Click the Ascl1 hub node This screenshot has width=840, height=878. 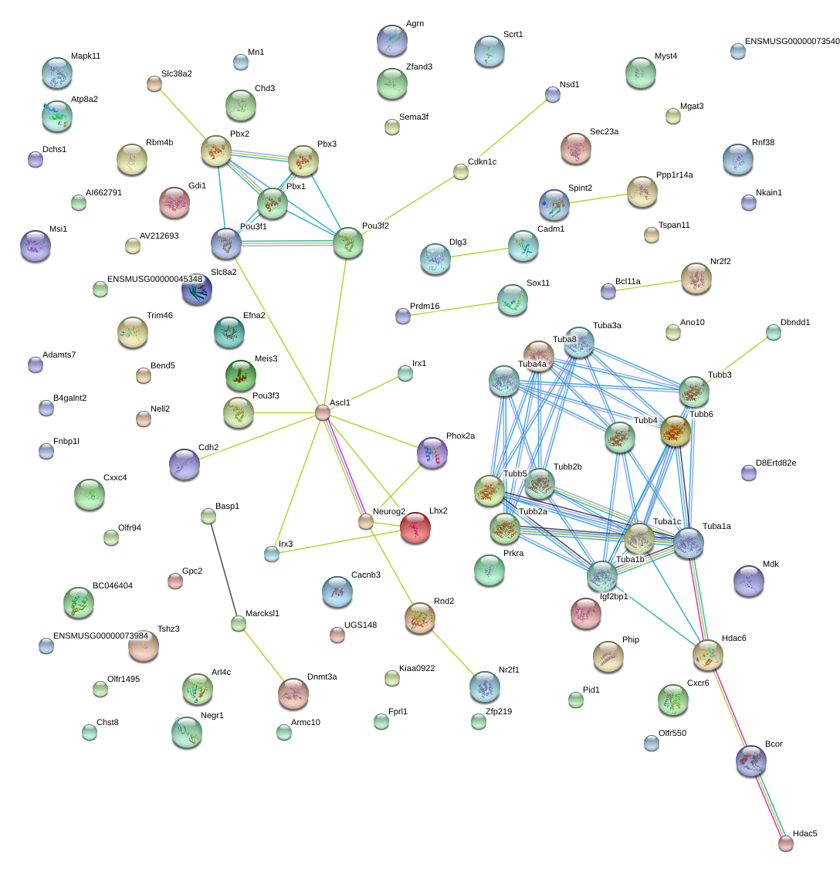(x=323, y=412)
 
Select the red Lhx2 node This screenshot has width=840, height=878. (x=415, y=527)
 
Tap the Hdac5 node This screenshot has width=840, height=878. (x=786, y=843)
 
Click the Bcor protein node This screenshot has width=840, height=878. (x=751, y=761)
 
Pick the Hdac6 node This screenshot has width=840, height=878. (x=708, y=655)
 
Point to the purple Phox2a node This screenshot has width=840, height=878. (x=432, y=453)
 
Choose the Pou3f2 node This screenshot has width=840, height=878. (x=348, y=243)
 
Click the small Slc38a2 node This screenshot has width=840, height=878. (x=154, y=84)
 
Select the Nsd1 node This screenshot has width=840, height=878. (x=553, y=95)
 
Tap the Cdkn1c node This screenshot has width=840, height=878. (x=461, y=172)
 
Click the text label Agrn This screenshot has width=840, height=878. (x=415, y=23)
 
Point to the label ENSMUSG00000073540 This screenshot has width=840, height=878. (x=792, y=41)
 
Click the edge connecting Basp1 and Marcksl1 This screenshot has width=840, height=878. (x=223, y=569)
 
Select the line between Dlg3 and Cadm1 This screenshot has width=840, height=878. (x=479, y=253)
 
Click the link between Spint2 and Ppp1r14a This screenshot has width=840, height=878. (x=598, y=198)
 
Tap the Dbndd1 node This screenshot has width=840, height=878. (x=774, y=333)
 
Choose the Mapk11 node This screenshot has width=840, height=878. (x=57, y=73)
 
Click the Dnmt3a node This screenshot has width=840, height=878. (x=293, y=693)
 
